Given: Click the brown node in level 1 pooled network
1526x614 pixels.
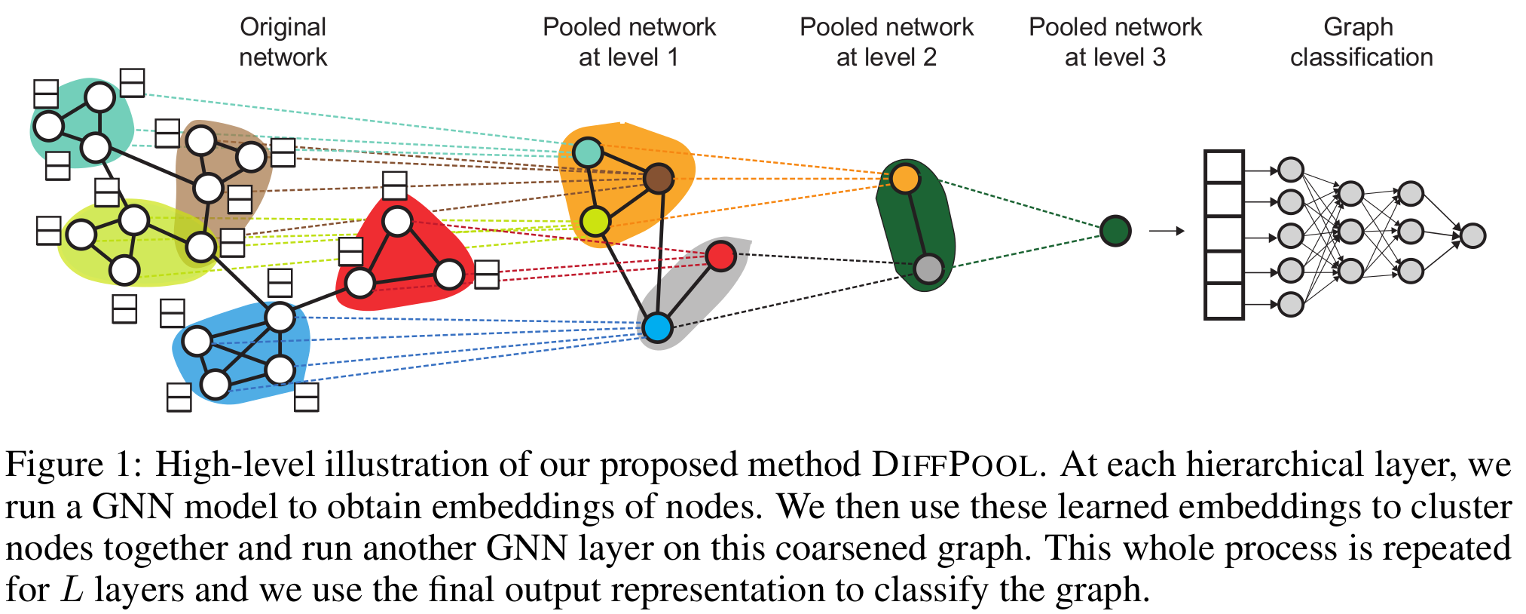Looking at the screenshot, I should point(659,179).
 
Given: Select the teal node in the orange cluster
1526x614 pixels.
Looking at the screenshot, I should point(588,152).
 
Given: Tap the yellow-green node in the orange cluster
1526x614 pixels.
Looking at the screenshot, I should point(595,222).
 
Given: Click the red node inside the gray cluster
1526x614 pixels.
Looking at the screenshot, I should point(720,256).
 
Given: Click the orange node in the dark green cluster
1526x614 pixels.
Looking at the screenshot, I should point(905,179).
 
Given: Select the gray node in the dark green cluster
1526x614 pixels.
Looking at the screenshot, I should point(928,269).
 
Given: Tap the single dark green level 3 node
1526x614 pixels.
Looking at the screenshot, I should point(1115,231).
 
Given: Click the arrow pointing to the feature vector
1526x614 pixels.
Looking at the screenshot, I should point(1166,231).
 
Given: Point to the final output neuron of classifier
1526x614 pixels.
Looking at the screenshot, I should point(1472,235).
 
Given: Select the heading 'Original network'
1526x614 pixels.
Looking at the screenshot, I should point(283,41).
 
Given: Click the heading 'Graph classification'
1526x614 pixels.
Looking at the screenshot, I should point(1360,41).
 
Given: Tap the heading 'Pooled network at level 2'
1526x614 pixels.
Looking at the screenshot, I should point(886,41).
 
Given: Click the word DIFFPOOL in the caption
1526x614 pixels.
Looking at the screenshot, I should point(954,465).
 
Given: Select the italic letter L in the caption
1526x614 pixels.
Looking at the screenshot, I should point(72,590).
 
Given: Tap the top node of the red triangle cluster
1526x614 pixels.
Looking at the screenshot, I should point(397,221).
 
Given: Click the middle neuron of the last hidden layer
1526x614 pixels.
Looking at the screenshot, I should point(1410,231).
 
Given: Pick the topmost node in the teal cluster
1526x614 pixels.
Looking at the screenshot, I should point(99,97).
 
